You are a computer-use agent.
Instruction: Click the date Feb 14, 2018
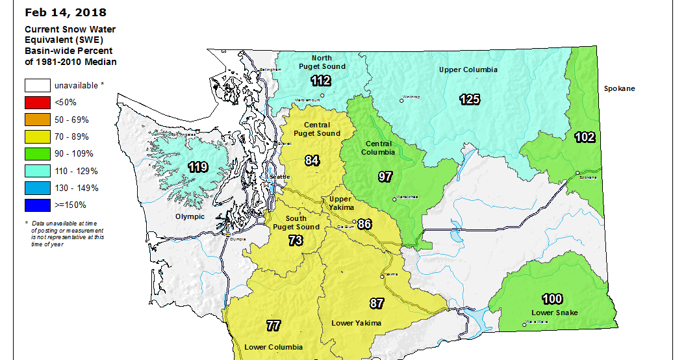pyautogui.click(x=65, y=12)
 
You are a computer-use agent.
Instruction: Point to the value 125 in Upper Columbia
pyautogui.click(x=470, y=99)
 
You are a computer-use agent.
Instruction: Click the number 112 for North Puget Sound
pyautogui.click(x=321, y=81)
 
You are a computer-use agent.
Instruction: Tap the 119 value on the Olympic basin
pyautogui.click(x=198, y=168)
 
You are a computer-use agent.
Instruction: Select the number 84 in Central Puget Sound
pyautogui.click(x=312, y=161)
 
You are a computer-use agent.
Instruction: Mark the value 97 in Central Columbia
pyautogui.click(x=385, y=177)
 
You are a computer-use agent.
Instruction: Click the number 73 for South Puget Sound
pyautogui.click(x=295, y=240)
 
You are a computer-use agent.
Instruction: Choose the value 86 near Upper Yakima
pyautogui.click(x=364, y=224)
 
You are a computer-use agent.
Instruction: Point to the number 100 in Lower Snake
pyautogui.click(x=552, y=299)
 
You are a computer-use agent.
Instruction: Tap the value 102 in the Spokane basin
pyautogui.click(x=585, y=137)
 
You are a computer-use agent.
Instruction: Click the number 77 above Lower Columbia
pyautogui.click(x=273, y=326)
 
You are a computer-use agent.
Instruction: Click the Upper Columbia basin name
pyautogui.click(x=468, y=70)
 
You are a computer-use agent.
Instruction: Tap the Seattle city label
pyautogui.click(x=280, y=177)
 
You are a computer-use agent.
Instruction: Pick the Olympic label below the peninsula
pyautogui.click(x=190, y=216)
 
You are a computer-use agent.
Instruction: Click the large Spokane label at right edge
pyautogui.click(x=619, y=88)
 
